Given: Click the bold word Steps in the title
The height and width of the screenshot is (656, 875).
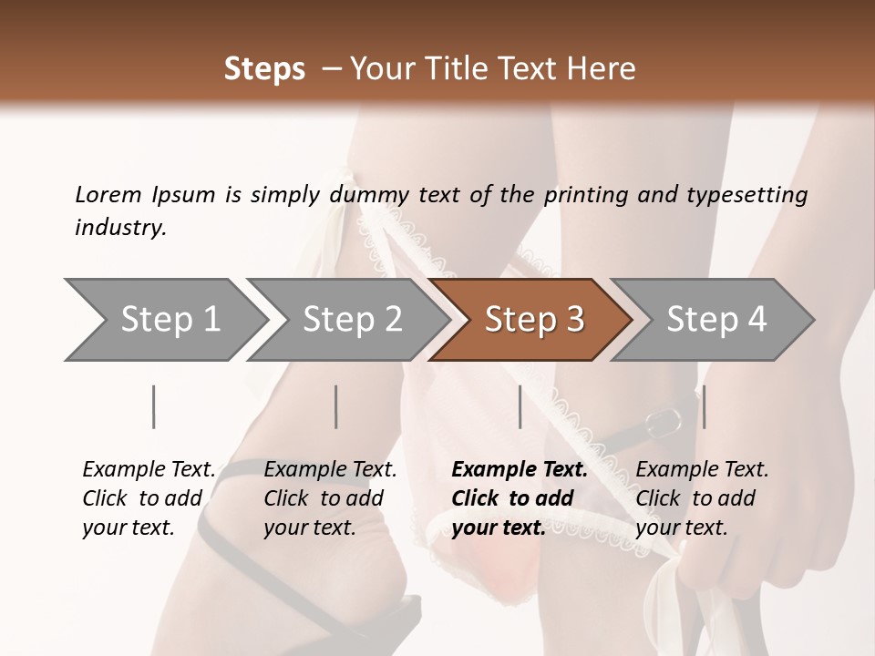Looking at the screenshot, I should pyautogui.click(x=264, y=69).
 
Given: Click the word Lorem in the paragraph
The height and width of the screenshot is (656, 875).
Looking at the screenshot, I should pyautogui.click(x=108, y=194).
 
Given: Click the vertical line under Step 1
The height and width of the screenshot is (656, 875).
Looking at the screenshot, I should pyautogui.click(x=154, y=406).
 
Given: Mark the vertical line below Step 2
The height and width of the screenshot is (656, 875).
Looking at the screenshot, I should pyautogui.click(x=336, y=406).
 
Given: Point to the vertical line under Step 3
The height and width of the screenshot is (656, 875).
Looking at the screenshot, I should pyautogui.click(x=520, y=406).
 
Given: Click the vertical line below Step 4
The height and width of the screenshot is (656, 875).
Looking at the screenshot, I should pyautogui.click(x=704, y=406).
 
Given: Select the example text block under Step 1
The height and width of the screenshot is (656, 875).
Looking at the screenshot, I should pyautogui.click(x=149, y=498).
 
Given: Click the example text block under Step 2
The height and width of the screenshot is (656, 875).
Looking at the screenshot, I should pyautogui.click(x=330, y=498).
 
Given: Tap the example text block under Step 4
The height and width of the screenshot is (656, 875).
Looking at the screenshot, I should pyautogui.click(x=702, y=498).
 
